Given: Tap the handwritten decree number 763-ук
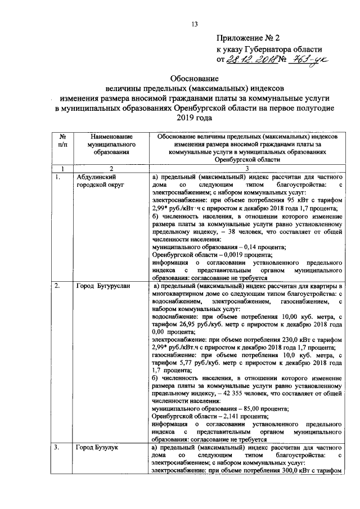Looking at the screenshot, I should [x=307, y=59].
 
